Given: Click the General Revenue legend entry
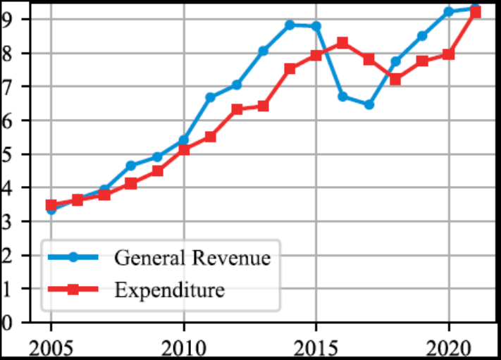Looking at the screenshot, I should click(x=192, y=258).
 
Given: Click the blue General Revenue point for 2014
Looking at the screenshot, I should click(x=290, y=25).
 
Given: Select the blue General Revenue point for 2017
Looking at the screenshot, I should click(x=369, y=104).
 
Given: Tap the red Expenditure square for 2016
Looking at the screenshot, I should click(x=342, y=43).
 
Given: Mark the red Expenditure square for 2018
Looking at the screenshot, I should click(x=395, y=79).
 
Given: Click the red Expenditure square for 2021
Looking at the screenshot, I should click(x=475, y=12).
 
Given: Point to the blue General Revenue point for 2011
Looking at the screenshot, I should click(x=210, y=97).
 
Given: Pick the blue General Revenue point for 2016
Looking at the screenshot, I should click(x=342, y=97).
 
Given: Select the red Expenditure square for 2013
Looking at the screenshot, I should click(x=263, y=106).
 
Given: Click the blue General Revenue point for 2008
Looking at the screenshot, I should click(x=130, y=166).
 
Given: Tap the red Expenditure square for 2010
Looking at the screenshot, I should click(x=183, y=149).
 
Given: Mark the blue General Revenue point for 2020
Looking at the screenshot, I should click(x=448, y=11).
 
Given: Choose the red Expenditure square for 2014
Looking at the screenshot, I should click(x=290, y=68).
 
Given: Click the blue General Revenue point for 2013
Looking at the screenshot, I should click(x=263, y=51).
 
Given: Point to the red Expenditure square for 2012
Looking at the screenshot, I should click(x=237, y=109).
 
